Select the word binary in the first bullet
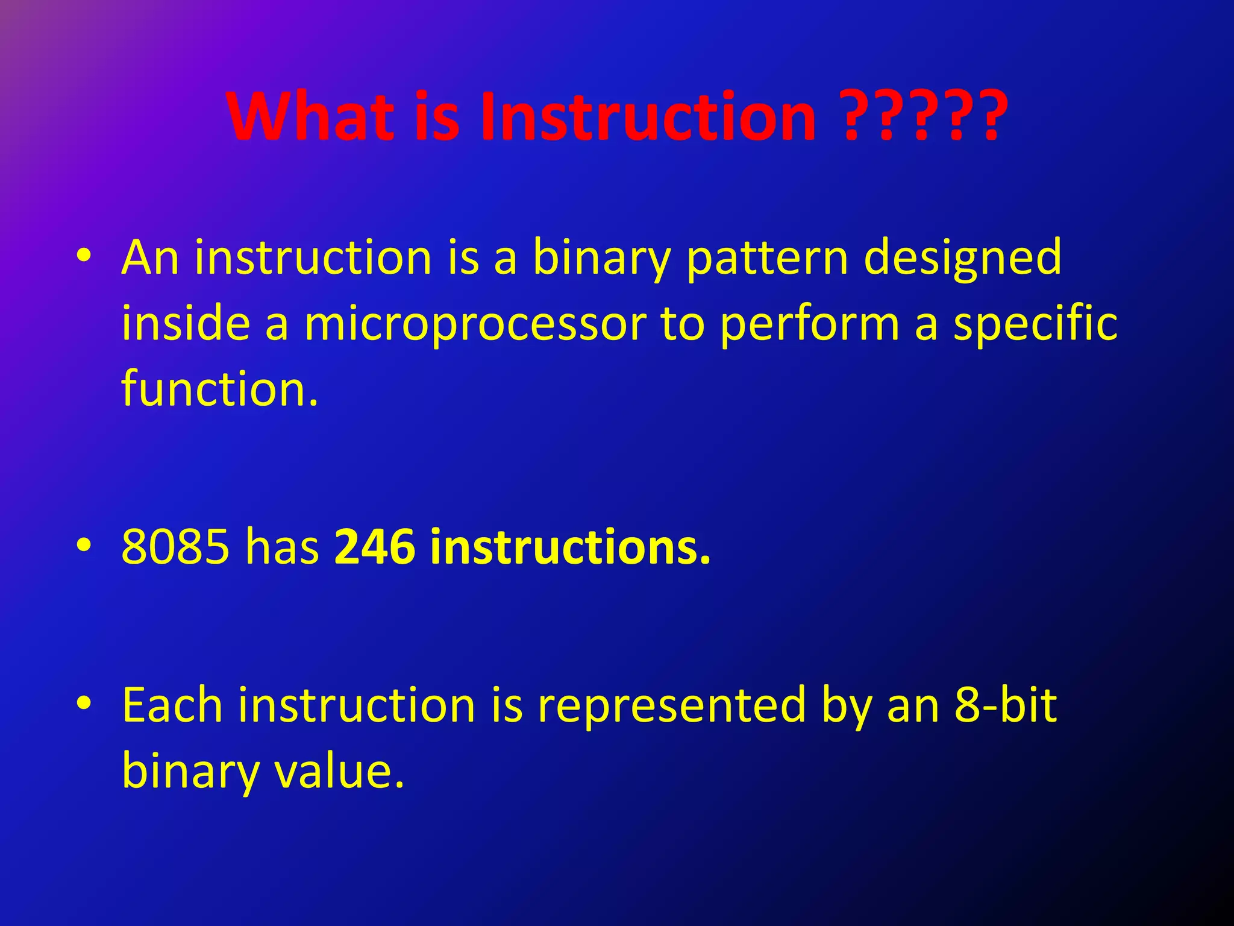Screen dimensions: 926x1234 pyautogui.click(x=601, y=259)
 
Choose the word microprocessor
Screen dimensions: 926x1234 pyautogui.click(x=475, y=325)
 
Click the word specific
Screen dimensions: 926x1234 pyautogui.click(x=1035, y=325)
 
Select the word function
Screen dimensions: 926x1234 pyautogui.click(x=219, y=389)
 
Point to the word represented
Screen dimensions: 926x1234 pyautogui.click(x=671, y=707)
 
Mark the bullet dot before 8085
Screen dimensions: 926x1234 pyautogui.click(x=84, y=545)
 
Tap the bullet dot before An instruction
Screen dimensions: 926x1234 pyautogui.click(x=84, y=256)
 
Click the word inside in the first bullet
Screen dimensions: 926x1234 pyautogui.click(x=186, y=324)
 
